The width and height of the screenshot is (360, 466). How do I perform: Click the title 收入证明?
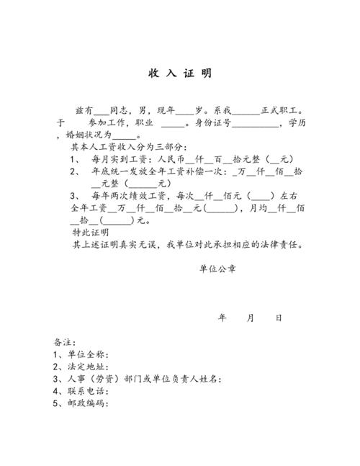coord(180,74)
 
